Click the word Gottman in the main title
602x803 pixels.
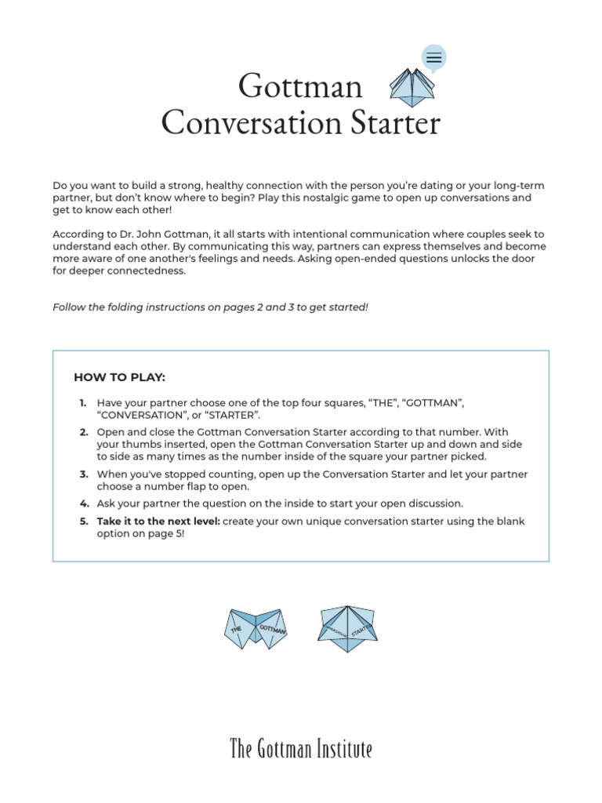point(300,85)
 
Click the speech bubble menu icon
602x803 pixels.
point(433,57)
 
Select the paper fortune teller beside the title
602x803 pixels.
point(412,88)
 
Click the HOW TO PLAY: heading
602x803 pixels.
point(119,377)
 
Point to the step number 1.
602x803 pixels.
point(82,402)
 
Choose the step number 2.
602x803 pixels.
point(83,432)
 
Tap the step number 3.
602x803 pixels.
point(83,474)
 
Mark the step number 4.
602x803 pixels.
point(83,503)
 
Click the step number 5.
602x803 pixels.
point(83,521)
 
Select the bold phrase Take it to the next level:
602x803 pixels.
point(158,521)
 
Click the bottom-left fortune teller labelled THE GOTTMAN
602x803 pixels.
point(256,628)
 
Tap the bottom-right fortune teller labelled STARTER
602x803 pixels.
point(349,628)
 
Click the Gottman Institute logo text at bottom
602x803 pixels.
point(301,749)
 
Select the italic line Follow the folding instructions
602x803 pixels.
point(210,307)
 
